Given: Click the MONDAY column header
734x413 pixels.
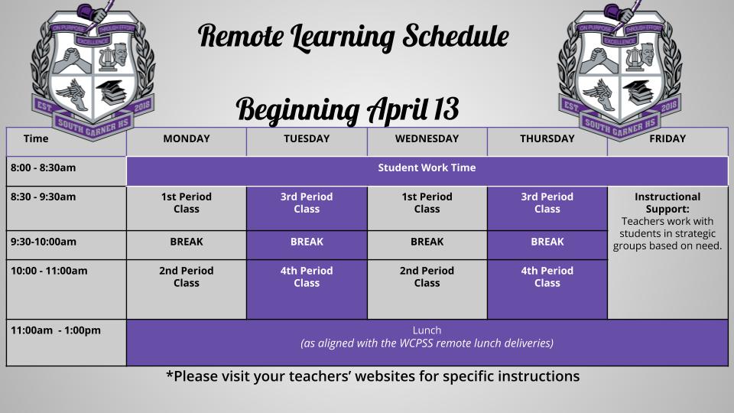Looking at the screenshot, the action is tap(187, 138).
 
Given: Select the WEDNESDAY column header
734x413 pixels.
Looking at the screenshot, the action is tap(427, 138).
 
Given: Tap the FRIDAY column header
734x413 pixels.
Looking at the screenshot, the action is tap(667, 138).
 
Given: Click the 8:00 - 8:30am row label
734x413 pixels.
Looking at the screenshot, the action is tap(43, 167).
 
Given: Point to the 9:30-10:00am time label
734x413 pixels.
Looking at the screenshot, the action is tap(44, 242).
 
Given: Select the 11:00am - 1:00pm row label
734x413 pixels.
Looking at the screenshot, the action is tap(56, 330).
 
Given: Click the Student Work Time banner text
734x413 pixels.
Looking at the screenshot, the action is tap(427, 167).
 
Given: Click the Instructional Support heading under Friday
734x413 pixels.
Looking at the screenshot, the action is tap(667, 203).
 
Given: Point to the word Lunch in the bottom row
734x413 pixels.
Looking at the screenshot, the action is tap(427, 330).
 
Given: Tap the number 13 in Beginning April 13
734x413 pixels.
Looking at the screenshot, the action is tap(445, 109).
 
